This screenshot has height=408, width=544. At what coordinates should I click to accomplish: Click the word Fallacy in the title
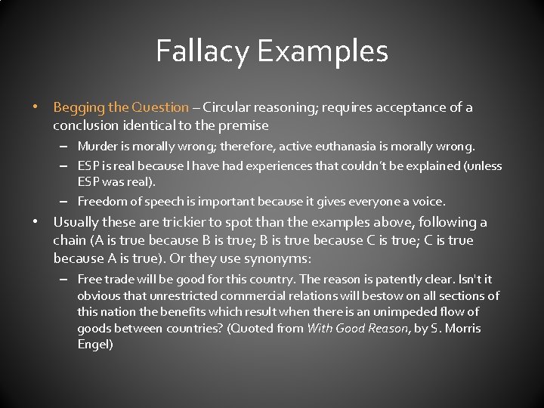point(203,51)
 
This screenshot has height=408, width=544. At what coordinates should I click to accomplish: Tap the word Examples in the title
point(323,52)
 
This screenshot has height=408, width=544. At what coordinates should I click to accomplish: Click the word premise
point(243,125)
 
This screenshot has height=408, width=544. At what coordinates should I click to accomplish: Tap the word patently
point(410,279)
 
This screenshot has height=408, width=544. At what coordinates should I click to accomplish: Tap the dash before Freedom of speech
point(66,202)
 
